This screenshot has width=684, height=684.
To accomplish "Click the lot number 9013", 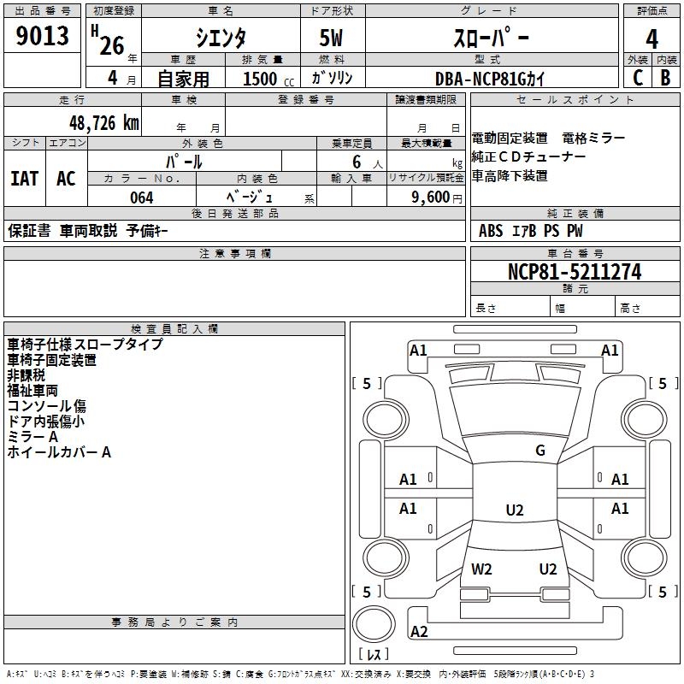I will point(43,38).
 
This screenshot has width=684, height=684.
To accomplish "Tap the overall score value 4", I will point(652,39).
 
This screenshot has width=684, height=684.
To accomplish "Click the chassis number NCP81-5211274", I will point(574,273).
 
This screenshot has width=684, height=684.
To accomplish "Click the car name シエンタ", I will point(220,38).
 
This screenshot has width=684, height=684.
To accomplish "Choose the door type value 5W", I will point(332,38).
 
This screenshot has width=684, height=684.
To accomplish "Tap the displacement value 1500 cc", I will point(266,79).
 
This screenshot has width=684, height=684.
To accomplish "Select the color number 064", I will point(141,198).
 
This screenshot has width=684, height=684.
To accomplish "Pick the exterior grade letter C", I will point(637,78).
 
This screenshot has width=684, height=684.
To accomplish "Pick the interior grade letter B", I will point(665,78).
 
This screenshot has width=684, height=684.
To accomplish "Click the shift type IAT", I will point(25,179).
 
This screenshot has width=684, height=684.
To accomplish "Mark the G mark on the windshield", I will point(540,451).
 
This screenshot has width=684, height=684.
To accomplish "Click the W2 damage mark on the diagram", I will point(481,569).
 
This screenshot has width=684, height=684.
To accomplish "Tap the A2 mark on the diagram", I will point(419,632).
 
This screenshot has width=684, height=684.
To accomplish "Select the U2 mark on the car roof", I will point(514,510).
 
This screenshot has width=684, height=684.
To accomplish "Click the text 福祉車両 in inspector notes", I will point(32,391).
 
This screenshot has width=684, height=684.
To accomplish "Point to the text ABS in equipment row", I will point(491,230).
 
